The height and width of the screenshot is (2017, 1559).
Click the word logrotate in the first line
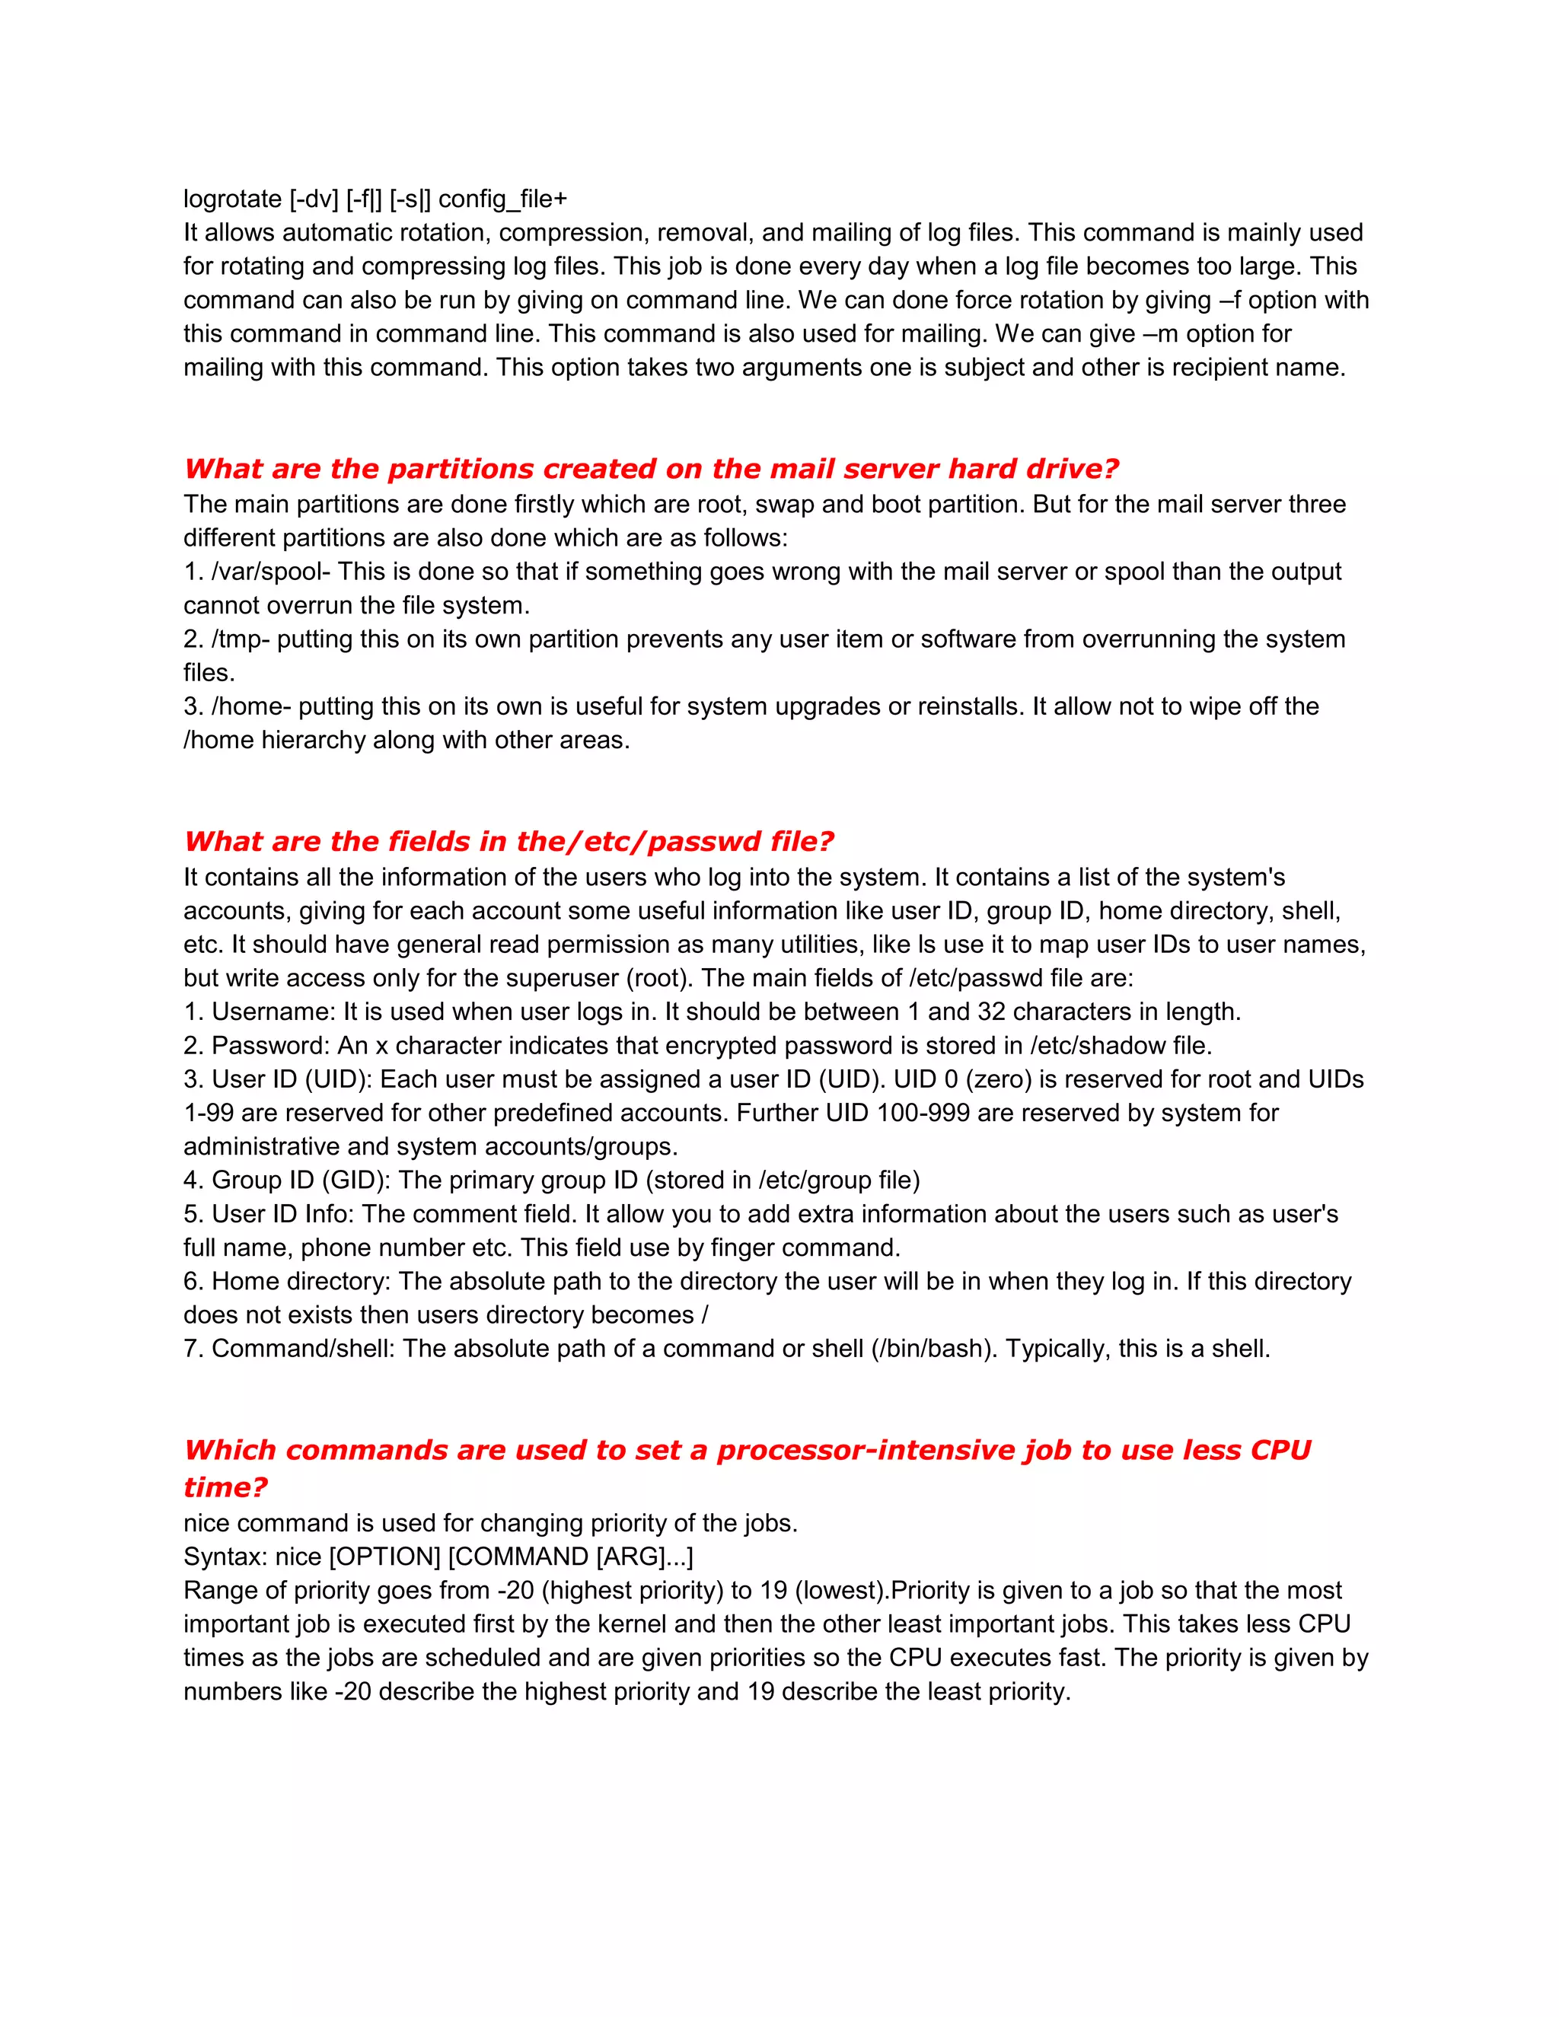[233, 199]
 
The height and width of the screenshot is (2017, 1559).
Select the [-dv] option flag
[314, 199]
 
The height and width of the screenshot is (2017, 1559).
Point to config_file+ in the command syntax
[502, 199]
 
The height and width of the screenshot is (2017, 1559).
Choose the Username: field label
[274, 1012]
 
